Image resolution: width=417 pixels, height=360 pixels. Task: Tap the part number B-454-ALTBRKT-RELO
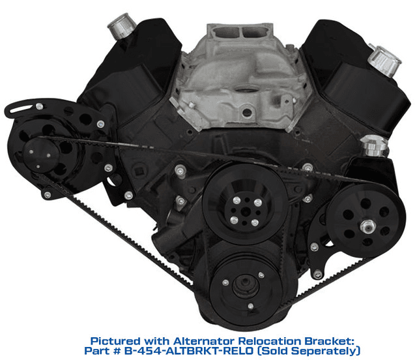tap(188, 351)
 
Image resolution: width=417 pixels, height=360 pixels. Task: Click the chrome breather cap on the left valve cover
tap(122, 25)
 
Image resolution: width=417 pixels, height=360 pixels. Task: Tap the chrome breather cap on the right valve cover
tap(384, 60)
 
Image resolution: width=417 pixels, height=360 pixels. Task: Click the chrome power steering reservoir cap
tap(374, 145)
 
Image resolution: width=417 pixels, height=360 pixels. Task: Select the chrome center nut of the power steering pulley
tap(367, 226)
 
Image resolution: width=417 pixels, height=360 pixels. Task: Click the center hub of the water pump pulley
tap(245, 211)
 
